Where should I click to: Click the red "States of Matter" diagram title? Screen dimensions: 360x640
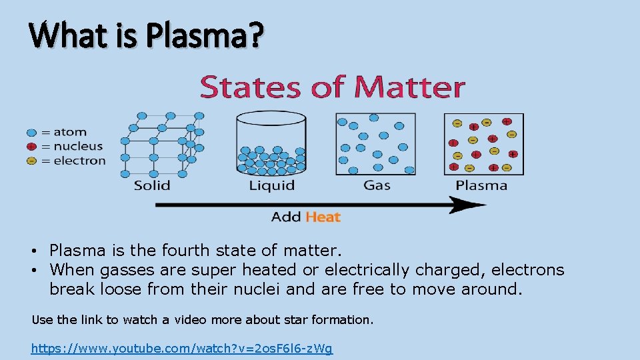pos(332,87)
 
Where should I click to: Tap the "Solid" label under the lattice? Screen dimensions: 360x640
pos(152,185)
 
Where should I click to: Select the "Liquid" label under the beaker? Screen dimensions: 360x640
pos(271,185)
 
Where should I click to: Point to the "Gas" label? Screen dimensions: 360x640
pos(377,185)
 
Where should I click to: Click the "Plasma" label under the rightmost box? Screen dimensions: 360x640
pos(481,185)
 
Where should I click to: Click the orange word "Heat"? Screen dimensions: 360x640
pos(323,217)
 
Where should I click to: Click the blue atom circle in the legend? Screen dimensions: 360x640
pos(31,133)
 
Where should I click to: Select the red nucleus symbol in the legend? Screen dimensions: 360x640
pos(31,147)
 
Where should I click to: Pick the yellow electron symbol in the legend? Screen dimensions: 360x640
pos(31,161)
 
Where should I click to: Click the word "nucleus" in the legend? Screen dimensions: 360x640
pos(79,147)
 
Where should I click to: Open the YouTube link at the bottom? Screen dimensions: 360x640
pos(182,348)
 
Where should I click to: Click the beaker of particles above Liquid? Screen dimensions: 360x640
pos(271,143)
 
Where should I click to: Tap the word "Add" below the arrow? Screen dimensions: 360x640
pos(287,217)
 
